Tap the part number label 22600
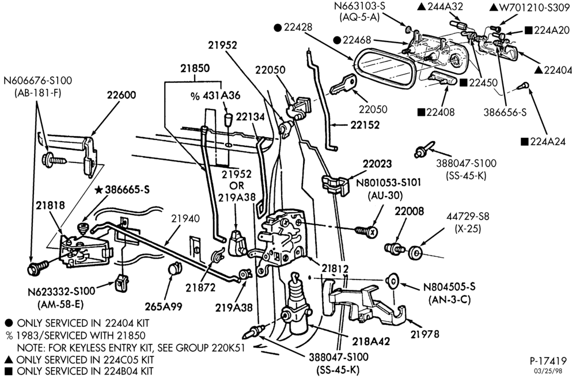click(x=122, y=95)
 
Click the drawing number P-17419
click(x=548, y=361)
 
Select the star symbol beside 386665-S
click(x=98, y=190)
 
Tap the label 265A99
click(x=163, y=307)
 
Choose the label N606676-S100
click(x=38, y=80)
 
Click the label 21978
click(x=425, y=334)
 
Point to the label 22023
click(x=377, y=164)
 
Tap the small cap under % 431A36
click(x=229, y=120)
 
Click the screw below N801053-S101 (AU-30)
click(x=366, y=230)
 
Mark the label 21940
click(x=185, y=218)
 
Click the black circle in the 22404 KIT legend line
click(x=9, y=323)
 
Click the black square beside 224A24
click(x=524, y=141)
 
